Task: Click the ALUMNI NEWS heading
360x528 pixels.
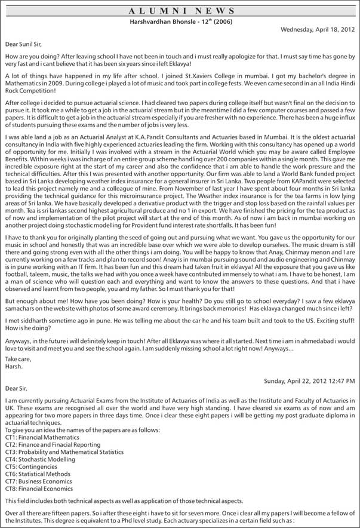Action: point(180,11)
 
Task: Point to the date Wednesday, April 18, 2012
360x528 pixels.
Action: point(317,29)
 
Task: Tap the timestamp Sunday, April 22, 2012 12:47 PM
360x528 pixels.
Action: point(309,380)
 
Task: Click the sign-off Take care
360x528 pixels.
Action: point(18,358)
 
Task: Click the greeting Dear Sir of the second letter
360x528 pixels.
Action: point(16,388)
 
